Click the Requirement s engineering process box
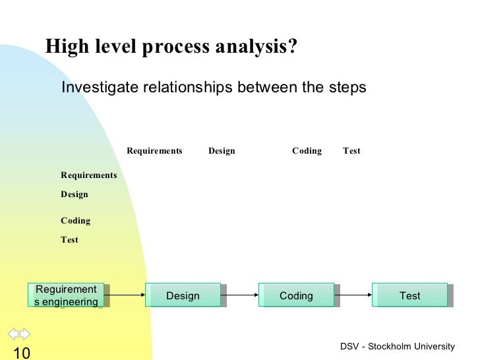pyautogui.click(x=67, y=295)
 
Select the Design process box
pyautogui.click(x=183, y=295)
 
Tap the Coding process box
pyautogui.click(x=296, y=295)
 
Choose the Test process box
pyautogui.click(x=409, y=295)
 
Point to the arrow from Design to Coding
pyautogui.click(x=240, y=295)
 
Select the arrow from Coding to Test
pyautogui.click(x=353, y=295)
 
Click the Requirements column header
pyautogui.click(x=154, y=151)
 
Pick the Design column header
pyautogui.click(x=222, y=151)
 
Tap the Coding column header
pyautogui.click(x=307, y=151)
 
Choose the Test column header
pyautogui.click(x=351, y=151)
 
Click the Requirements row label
pyautogui.click(x=89, y=175)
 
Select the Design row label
pyautogui.click(x=75, y=195)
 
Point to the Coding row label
pyautogui.click(x=76, y=221)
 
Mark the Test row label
pyautogui.click(x=69, y=240)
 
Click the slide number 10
pyautogui.click(x=21, y=353)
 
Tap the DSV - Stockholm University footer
pyautogui.click(x=398, y=347)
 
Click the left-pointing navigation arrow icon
pyautogui.click(x=13, y=332)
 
